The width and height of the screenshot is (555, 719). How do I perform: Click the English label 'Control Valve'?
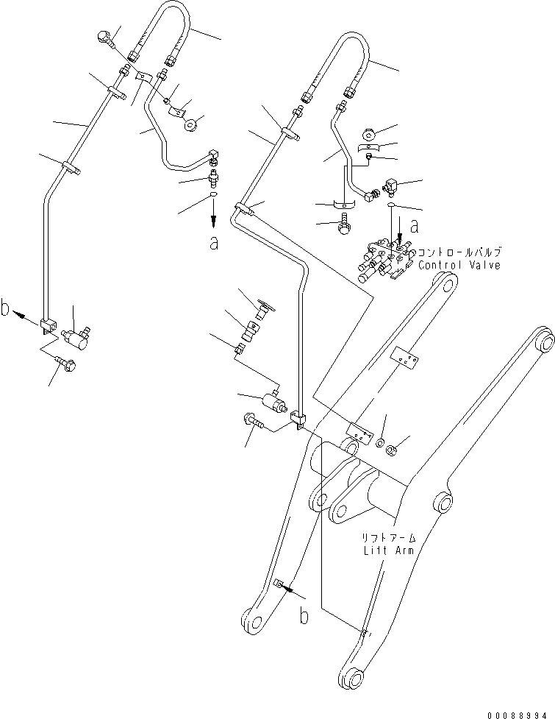[x=459, y=265]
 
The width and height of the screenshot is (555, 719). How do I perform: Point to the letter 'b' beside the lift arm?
[x=304, y=617]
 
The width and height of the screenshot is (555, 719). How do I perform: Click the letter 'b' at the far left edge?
[x=7, y=310]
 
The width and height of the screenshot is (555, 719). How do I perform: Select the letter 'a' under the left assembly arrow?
[x=213, y=244]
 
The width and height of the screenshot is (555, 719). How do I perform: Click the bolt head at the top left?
[x=104, y=37]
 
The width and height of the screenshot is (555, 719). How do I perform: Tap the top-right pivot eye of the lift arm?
[x=544, y=339]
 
